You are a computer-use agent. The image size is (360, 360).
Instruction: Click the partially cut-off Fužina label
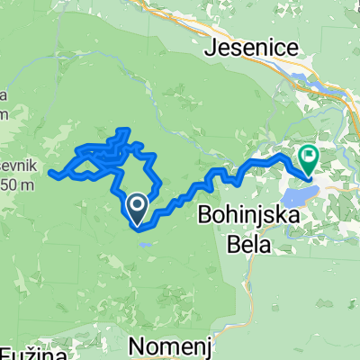pyautogui.click(x=31, y=353)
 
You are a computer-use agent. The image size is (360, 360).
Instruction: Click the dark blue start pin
pyautogui.click(x=136, y=209)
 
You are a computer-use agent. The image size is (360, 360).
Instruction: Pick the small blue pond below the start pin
pyautogui.click(x=144, y=241)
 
